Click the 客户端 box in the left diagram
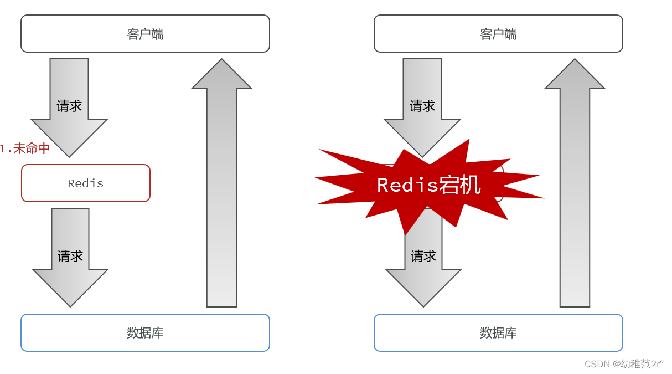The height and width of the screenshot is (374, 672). coord(145,34)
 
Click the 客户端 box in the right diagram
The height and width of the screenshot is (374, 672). coord(498,34)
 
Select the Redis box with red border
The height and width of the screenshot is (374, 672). coord(86,183)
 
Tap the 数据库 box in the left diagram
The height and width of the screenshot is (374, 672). coord(145,333)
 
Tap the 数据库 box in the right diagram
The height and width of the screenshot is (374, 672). coord(498,333)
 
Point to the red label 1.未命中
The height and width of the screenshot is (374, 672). coord(25,148)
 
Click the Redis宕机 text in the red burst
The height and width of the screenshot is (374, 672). coord(428,185)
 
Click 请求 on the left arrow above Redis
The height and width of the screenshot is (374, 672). coord(69,106)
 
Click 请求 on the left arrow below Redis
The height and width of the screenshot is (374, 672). coord(70,256)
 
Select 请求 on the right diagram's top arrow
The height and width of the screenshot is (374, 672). coord(422,106)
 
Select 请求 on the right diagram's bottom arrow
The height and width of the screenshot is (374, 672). coord(423,256)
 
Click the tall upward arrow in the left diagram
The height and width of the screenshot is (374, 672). coord(221,194)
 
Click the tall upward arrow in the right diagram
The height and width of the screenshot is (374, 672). coord(575,194)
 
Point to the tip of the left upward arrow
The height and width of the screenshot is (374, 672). coord(221,60)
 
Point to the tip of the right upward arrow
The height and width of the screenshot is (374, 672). coord(575,60)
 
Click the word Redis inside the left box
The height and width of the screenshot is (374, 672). coord(86,183)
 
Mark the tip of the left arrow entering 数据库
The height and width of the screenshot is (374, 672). coord(70,305)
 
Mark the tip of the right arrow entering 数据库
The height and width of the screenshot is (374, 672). coord(423,305)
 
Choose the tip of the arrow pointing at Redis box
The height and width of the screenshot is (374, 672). coord(69,156)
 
